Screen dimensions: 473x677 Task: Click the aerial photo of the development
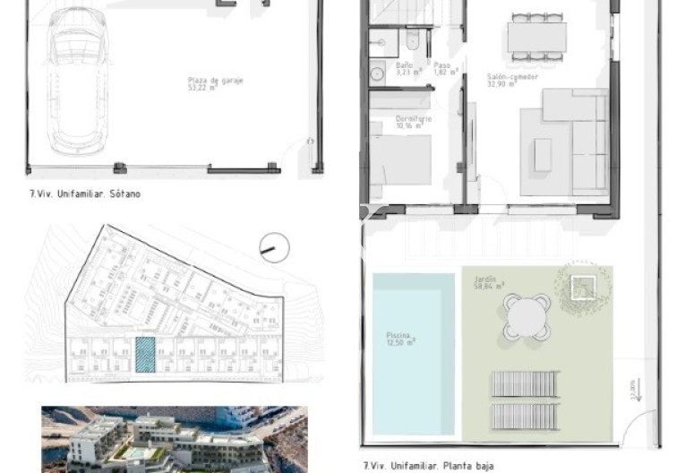[x=174, y=439]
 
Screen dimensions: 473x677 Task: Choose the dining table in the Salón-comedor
[x=536, y=37]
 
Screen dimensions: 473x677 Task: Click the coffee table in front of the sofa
[x=544, y=154]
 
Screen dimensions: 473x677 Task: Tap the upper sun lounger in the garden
[x=526, y=384]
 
